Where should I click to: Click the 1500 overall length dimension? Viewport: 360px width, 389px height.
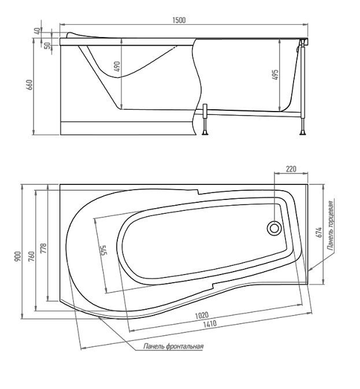(x=179, y=20)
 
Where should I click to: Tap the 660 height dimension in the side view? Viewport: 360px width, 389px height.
(x=29, y=85)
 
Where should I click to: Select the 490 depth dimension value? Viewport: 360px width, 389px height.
(x=117, y=66)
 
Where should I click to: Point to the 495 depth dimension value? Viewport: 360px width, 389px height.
(x=275, y=75)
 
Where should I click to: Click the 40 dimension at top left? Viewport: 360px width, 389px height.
(x=37, y=31)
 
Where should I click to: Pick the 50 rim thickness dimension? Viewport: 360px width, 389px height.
(x=47, y=46)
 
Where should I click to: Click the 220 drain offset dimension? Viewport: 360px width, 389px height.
(x=291, y=169)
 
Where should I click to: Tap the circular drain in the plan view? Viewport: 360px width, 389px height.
(x=274, y=228)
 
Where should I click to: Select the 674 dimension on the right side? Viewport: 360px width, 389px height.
(x=319, y=232)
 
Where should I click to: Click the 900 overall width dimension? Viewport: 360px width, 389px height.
(x=18, y=257)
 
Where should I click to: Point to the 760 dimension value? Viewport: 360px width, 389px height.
(x=31, y=257)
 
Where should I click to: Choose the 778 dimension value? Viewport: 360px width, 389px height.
(x=43, y=249)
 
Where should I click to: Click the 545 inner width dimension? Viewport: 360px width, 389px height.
(x=103, y=251)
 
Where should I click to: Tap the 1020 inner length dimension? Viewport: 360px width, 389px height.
(x=202, y=316)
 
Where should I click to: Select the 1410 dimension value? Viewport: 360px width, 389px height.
(x=210, y=324)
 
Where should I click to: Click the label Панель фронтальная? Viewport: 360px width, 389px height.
(x=173, y=346)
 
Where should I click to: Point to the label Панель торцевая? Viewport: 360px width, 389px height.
(x=331, y=225)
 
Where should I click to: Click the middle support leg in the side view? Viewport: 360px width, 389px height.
(x=205, y=120)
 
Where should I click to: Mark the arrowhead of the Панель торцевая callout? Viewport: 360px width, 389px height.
(x=310, y=269)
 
